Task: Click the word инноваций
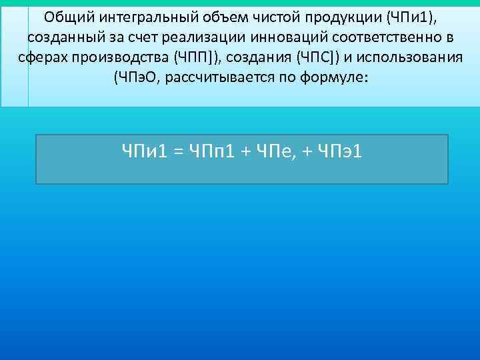(x=289, y=36)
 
